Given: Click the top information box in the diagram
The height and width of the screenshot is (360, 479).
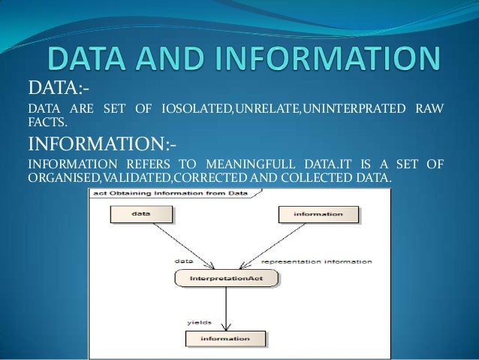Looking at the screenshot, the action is coord(318,214).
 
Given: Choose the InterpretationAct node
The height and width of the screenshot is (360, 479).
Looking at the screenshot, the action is coord(226,280).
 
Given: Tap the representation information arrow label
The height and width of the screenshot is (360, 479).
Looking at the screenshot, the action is coord(316,262).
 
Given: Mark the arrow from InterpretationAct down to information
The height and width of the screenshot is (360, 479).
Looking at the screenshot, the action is coord(226,308).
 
